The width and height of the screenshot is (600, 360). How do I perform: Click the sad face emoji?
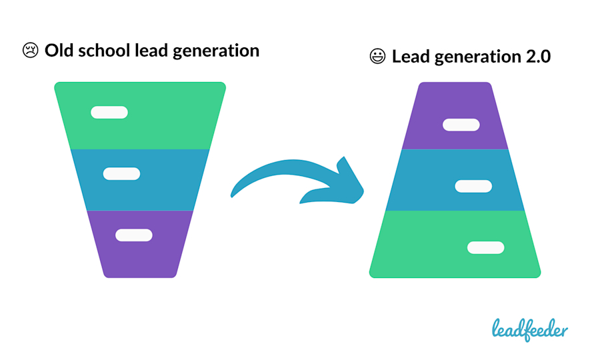click(31, 51)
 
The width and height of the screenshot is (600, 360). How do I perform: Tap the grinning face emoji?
click(378, 57)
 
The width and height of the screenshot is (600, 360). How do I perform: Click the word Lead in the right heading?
click(411, 57)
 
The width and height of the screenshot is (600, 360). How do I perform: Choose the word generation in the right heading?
click(473, 57)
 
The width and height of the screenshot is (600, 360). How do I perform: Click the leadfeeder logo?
click(530, 328)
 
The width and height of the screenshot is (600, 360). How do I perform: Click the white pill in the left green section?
click(109, 112)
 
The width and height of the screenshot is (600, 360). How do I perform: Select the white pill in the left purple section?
click(133, 235)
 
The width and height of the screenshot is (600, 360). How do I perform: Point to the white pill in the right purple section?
click(461, 125)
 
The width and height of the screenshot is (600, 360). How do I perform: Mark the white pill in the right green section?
click(485, 247)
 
